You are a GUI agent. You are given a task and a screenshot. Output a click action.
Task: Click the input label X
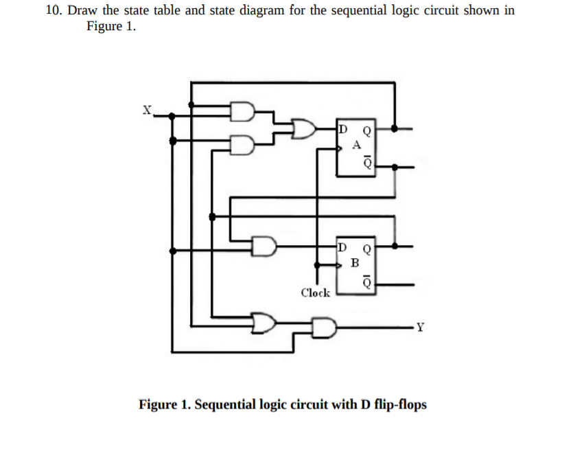point(146,109)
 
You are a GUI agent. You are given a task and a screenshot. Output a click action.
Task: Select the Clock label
point(315,292)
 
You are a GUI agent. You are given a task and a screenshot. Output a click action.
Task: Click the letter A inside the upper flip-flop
point(355,145)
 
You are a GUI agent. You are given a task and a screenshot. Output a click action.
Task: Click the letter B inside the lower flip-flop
point(354,262)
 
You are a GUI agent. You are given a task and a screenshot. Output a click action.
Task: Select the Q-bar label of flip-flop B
point(367,281)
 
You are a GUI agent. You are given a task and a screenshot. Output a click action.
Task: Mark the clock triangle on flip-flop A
point(340,147)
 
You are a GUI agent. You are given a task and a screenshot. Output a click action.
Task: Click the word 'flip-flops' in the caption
point(401,404)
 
